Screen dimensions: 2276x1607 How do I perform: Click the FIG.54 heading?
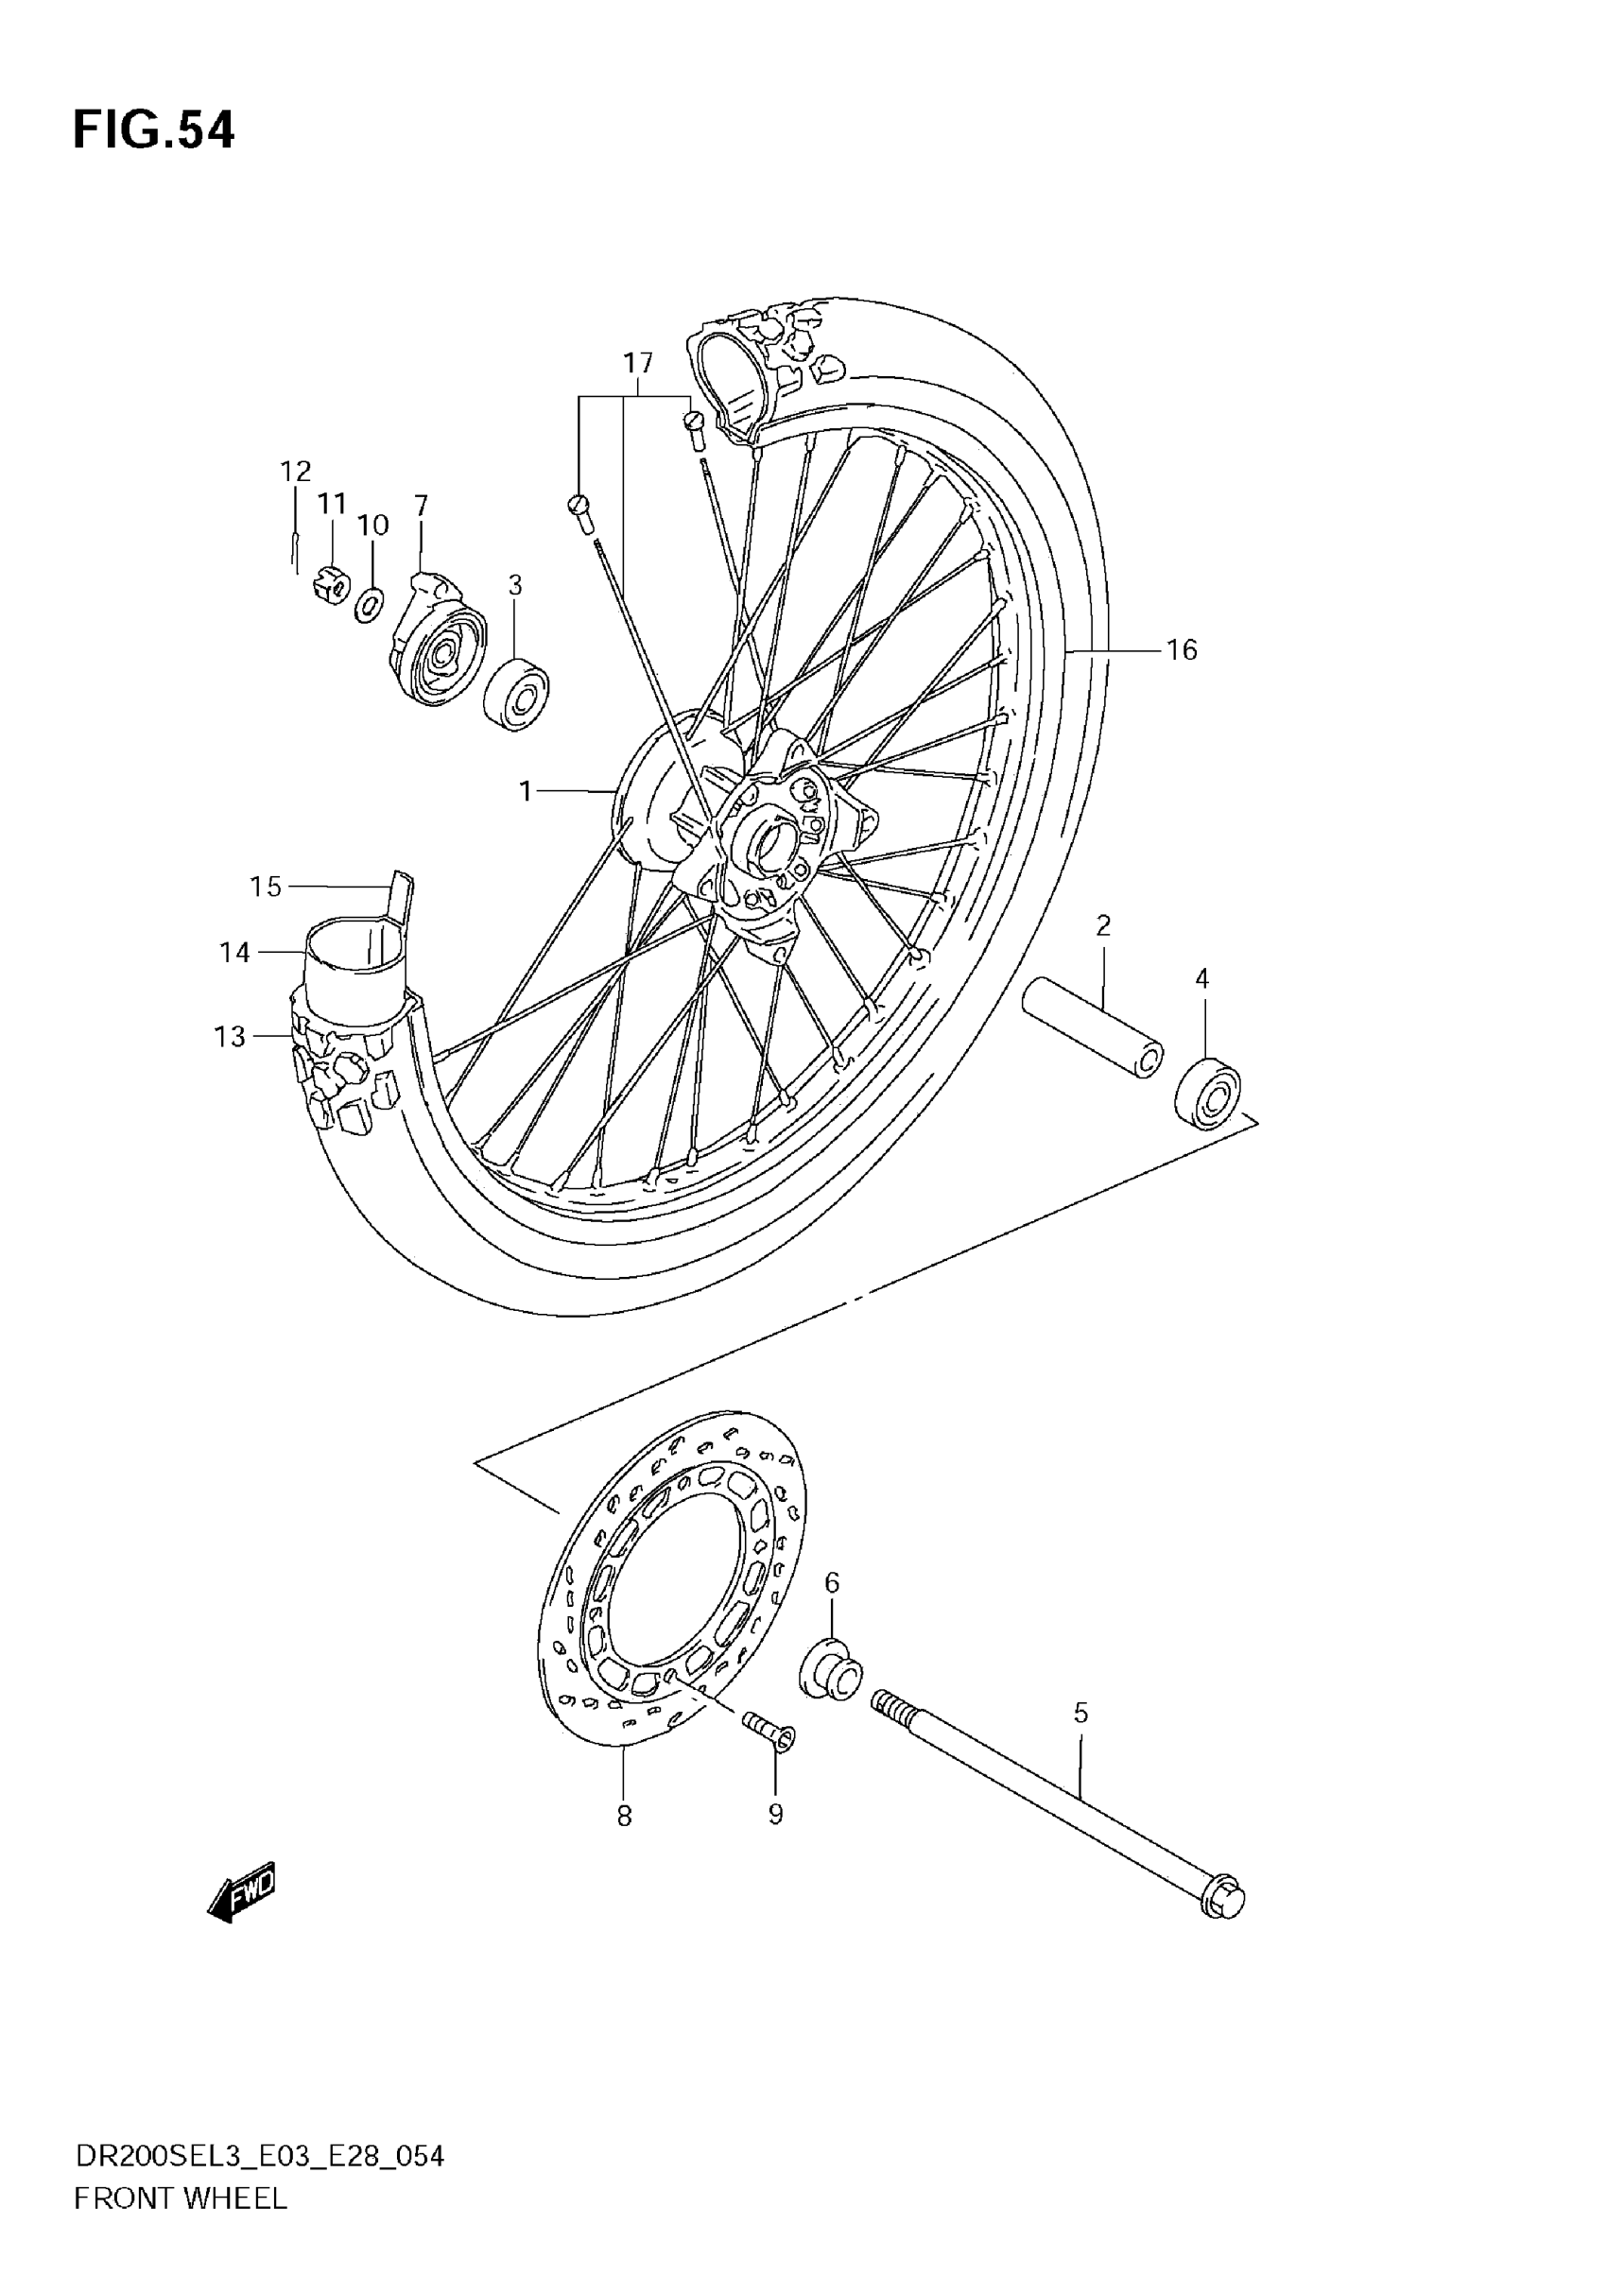pos(154,129)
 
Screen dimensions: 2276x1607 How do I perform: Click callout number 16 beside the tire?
pos(1182,650)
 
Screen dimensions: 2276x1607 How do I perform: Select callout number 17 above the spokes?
pos(637,363)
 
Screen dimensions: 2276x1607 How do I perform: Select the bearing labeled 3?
pos(516,693)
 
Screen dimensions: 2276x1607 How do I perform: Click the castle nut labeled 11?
pos(332,587)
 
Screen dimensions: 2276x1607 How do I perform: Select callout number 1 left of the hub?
pos(526,791)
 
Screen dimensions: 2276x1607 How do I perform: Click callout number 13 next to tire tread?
pos(230,1037)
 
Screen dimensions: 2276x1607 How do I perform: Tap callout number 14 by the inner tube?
pos(235,953)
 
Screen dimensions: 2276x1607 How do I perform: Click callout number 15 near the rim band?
pos(265,887)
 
